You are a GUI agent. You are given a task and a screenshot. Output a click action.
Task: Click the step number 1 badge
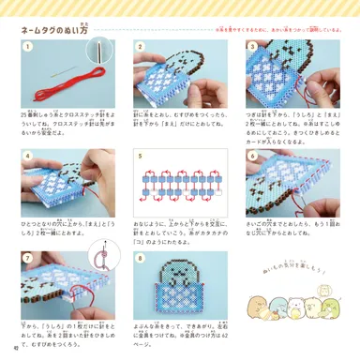click(28, 46)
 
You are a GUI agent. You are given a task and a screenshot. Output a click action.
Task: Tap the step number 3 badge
click(252, 46)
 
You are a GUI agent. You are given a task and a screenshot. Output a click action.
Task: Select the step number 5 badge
click(141, 156)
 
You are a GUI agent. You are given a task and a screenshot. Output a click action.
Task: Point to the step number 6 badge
click(252, 156)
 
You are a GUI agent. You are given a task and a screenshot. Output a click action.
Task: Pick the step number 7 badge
click(28, 256)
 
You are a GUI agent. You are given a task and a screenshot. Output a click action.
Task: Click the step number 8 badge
click(141, 256)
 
